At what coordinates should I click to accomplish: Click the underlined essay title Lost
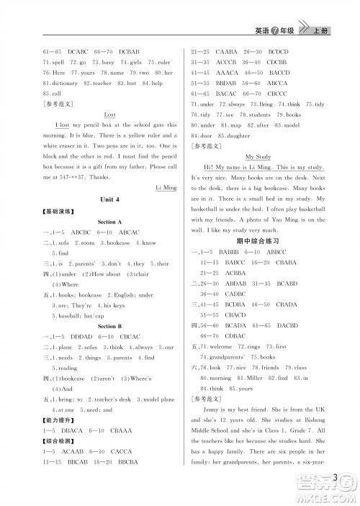click(110, 114)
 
